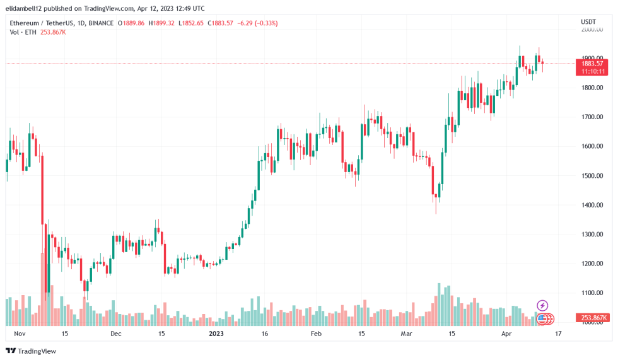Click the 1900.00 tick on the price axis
click(593, 58)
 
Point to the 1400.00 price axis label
click(593, 205)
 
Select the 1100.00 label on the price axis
click(593, 293)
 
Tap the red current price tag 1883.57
click(592, 63)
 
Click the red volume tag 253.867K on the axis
click(593, 318)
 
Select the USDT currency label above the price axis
click(588, 22)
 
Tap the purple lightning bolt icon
click(542, 306)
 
